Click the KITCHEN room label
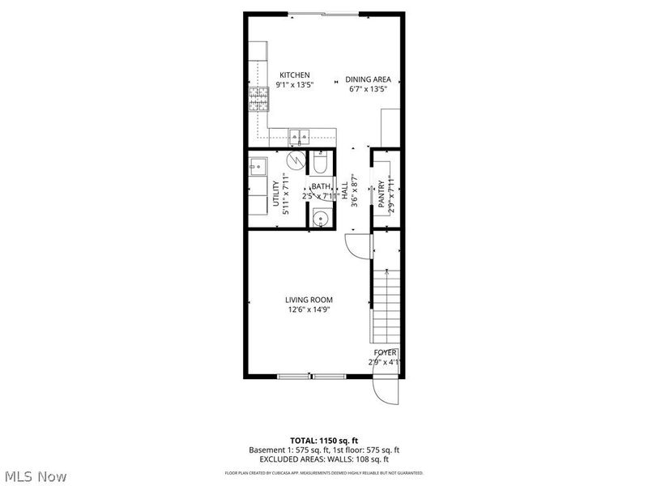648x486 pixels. (294, 75)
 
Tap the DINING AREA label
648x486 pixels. (369, 79)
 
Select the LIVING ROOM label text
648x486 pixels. (309, 299)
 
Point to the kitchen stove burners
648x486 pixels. (258, 101)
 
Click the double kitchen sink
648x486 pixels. (297, 136)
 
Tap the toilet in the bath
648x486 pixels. (320, 165)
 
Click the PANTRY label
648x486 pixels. (382, 194)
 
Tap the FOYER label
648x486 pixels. (384, 352)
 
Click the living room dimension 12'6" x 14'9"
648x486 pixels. (309, 309)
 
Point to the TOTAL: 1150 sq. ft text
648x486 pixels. (323, 438)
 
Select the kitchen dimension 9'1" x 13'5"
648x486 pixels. (294, 84)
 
